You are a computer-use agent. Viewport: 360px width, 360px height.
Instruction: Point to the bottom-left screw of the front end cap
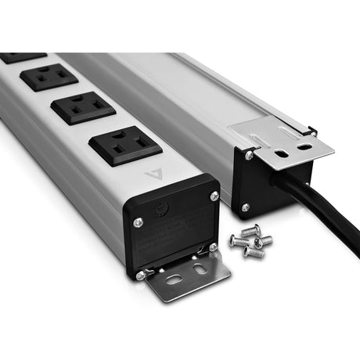(x=140, y=275)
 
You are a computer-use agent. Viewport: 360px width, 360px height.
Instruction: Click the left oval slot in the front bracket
(x=174, y=279)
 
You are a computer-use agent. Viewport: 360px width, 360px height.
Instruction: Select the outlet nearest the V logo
(x=124, y=147)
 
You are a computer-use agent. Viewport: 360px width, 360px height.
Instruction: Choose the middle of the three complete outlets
(x=82, y=108)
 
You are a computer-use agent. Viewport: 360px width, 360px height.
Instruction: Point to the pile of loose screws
(x=250, y=241)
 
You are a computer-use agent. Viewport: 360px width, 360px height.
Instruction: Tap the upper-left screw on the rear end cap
(x=248, y=156)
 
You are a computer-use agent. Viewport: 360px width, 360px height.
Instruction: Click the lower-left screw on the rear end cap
(x=245, y=207)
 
